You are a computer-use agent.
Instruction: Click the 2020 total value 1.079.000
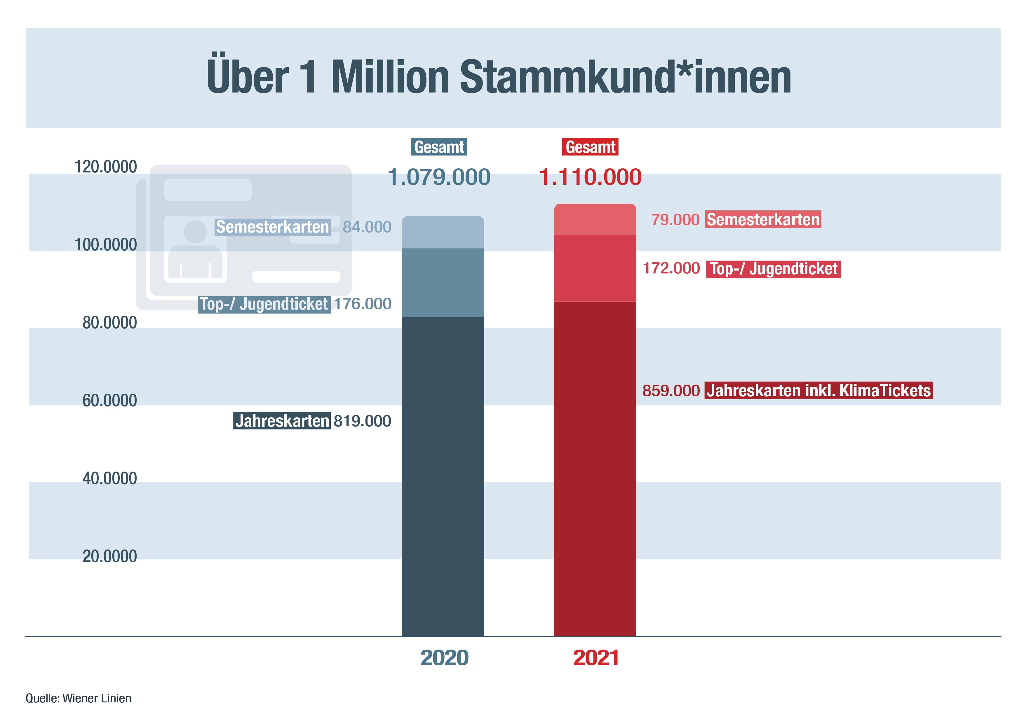tap(439, 177)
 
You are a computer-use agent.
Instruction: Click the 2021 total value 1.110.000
tap(590, 177)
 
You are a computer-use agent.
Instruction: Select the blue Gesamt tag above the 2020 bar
tap(439, 147)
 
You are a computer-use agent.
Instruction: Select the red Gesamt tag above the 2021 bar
tap(590, 147)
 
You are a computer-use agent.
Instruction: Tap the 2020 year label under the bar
tap(444, 658)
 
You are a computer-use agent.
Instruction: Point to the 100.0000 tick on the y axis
tap(105, 245)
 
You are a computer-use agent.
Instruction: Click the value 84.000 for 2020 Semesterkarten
tap(367, 227)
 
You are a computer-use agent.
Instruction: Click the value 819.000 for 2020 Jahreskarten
tap(362, 421)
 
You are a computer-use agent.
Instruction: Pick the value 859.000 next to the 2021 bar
tap(671, 390)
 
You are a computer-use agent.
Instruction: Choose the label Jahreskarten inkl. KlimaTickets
tap(818, 390)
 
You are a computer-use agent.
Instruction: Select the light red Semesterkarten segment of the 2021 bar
tap(595, 219)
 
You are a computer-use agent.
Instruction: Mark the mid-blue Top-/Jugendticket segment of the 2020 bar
tap(443, 283)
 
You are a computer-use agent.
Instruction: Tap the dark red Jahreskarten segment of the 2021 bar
tap(595, 468)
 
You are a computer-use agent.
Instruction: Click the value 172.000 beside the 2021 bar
tap(671, 268)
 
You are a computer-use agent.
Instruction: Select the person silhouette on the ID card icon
tap(195, 250)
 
